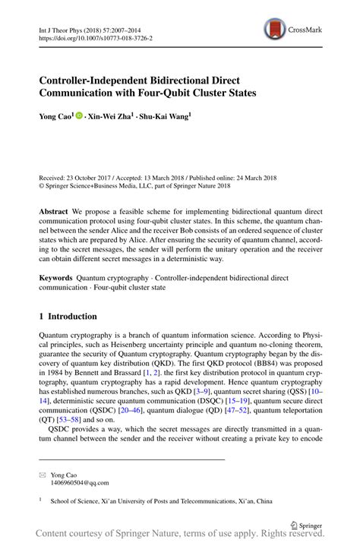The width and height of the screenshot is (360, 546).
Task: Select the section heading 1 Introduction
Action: click(68, 316)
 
